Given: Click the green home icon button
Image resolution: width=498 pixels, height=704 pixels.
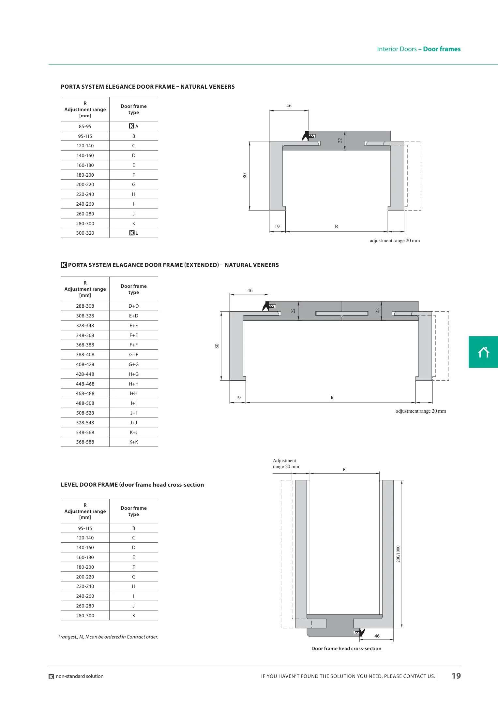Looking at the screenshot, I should (x=483, y=352).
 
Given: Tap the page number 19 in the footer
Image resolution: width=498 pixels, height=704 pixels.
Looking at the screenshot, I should (x=456, y=676).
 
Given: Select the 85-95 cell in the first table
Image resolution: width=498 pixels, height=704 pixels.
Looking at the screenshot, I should (x=85, y=126).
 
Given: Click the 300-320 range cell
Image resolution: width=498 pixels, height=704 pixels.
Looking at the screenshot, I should (x=85, y=233).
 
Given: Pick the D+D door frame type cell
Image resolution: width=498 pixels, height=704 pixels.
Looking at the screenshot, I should (x=134, y=306).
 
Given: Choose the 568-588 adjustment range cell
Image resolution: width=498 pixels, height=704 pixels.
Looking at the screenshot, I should (x=85, y=442).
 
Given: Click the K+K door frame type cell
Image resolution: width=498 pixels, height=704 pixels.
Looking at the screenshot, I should (x=134, y=442).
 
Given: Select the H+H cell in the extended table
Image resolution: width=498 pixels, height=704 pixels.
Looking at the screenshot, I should (x=134, y=384).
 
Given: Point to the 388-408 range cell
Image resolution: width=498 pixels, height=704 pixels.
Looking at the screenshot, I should (x=85, y=355).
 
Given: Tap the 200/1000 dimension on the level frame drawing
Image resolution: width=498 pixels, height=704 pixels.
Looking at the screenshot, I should (x=398, y=554).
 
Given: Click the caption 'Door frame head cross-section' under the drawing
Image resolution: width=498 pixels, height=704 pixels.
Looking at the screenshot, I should (x=346, y=649).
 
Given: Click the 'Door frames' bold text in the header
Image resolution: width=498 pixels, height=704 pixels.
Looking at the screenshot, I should (x=442, y=49).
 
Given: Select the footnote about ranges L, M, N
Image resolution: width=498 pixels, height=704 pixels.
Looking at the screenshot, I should (x=108, y=637).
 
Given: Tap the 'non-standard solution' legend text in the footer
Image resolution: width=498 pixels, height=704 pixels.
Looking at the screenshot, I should (x=80, y=676).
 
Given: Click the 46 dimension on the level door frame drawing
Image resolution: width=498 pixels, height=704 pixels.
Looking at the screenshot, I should (x=377, y=636).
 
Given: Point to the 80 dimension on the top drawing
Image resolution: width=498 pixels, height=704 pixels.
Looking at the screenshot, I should (x=245, y=176).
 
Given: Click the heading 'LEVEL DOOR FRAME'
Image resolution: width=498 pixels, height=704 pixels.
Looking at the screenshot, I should (x=132, y=485).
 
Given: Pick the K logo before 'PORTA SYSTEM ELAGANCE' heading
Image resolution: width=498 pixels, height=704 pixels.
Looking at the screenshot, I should (x=64, y=265).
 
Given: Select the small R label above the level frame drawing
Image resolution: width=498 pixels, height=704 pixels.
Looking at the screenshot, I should (x=344, y=470).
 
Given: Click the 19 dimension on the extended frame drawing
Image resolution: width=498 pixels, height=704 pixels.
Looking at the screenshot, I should (x=238, y=398).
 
